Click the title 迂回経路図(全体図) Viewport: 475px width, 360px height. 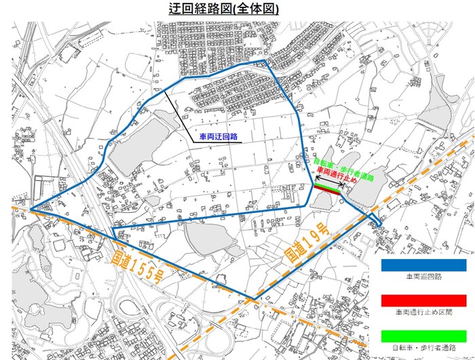click(223, 10)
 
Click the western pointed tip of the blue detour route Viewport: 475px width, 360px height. click(30, 209)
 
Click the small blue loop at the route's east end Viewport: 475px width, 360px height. click(377, 220)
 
